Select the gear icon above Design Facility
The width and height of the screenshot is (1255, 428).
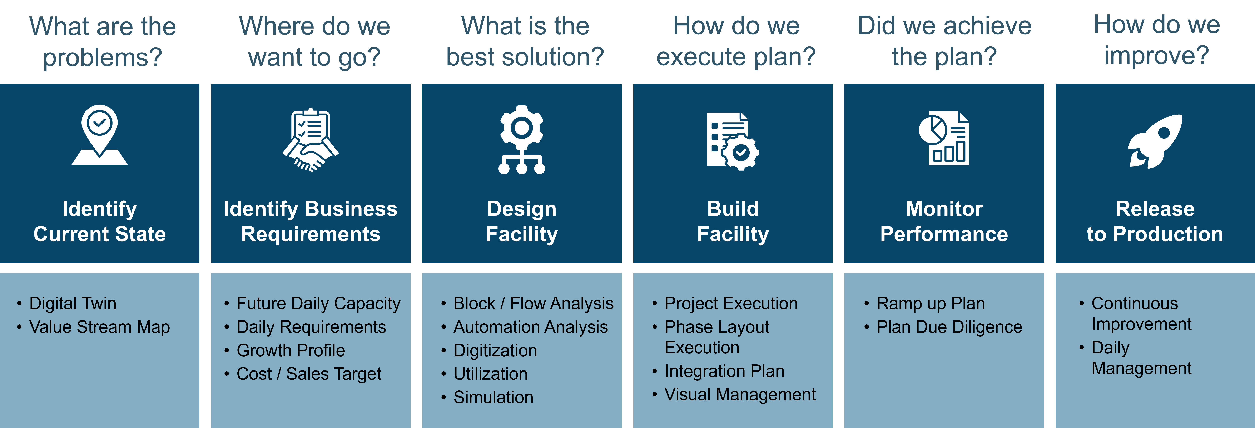tap(522, 140)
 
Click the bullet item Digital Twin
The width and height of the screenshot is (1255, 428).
tap(73, 303)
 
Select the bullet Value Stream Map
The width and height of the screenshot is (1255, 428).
tap(99, 327)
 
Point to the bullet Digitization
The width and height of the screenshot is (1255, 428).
tap(495, 350)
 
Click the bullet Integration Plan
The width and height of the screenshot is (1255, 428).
tap(724, 371)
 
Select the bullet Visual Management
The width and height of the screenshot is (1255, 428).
tap(740, 394)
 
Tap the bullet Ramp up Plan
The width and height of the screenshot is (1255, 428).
tap(931, 303)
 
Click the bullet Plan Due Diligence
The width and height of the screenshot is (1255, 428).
tap(949, 327)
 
